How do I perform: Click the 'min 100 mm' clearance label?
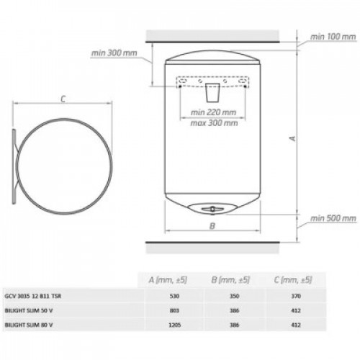(333, 37)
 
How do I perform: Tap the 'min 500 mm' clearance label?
(333, 218)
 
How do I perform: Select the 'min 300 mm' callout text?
(114, 53)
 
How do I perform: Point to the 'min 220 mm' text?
(213, 112)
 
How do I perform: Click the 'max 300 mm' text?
(214, 123)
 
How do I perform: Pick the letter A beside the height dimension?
(293, 138)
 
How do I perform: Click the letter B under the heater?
(212, 226)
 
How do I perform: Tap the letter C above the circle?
(63, 99)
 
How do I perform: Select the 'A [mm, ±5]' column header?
(168, 280)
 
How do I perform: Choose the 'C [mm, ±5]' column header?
(293, 280)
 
